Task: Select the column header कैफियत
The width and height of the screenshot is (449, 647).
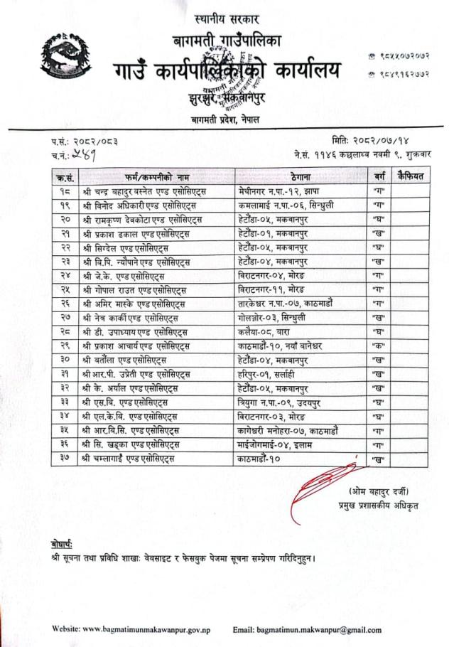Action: [x=411, y=176]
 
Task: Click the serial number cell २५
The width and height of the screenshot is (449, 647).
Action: [x=65, y=290]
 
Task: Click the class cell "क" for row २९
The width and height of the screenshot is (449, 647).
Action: [x=378, y=346]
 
